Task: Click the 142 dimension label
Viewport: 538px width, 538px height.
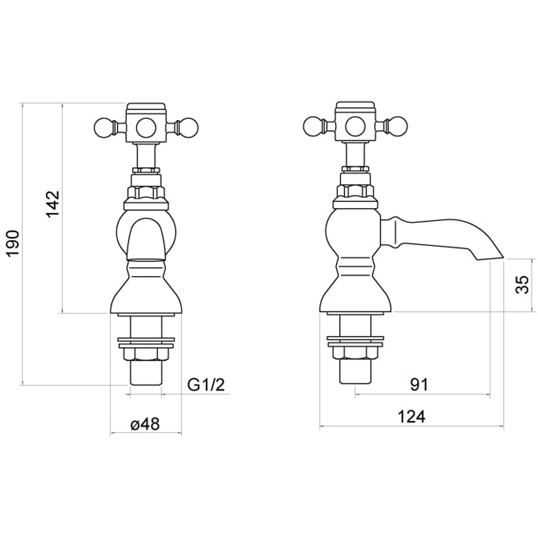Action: [x=53, y=203]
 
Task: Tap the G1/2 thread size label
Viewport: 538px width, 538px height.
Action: [x=206, y=385]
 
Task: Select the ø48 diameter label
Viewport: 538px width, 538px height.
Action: [x=145, y=424]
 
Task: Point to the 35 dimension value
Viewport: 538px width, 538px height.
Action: [x=522, y=285]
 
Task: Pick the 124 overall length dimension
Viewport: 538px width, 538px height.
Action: [x=412, y=416]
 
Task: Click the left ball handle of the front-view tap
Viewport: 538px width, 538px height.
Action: [x=102, y=128]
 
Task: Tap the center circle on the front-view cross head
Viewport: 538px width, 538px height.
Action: [x=146, y=128]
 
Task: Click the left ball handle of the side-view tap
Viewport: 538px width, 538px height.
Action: [x=312, y=127]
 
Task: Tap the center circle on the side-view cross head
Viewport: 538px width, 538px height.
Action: [x=355, y=127]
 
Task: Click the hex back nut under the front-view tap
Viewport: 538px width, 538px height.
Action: [x=146, y=353]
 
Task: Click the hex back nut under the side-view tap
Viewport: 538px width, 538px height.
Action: [x=355, y=352]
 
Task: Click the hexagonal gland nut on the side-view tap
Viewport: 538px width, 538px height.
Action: [x=355, y=191]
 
